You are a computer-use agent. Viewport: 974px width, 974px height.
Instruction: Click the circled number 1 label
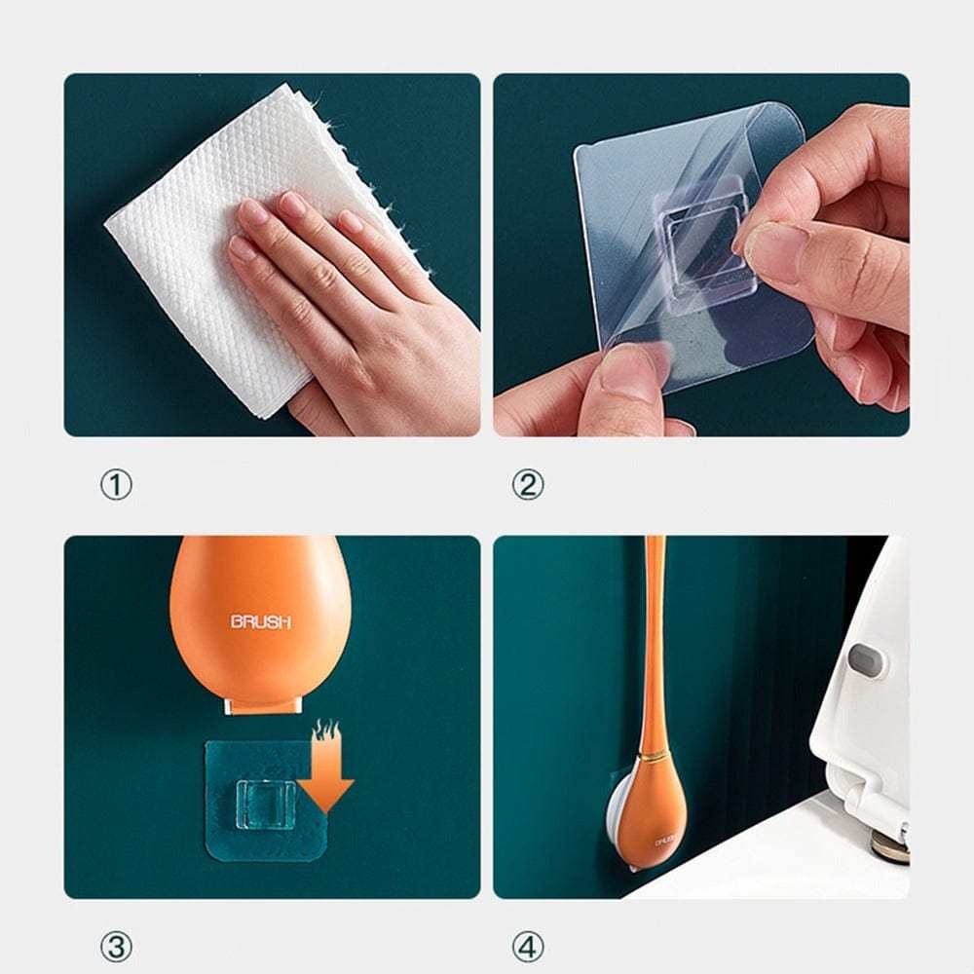pos(116,484)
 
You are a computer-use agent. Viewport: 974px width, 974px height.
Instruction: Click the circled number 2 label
pos(528,484)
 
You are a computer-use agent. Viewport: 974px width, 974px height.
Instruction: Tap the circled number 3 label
pos(116,945)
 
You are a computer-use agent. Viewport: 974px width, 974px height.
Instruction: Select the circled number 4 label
pos(528,945)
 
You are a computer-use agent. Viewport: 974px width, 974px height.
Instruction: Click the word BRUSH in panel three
pos(260,621)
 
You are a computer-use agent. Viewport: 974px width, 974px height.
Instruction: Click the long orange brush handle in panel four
pos(654,633)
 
